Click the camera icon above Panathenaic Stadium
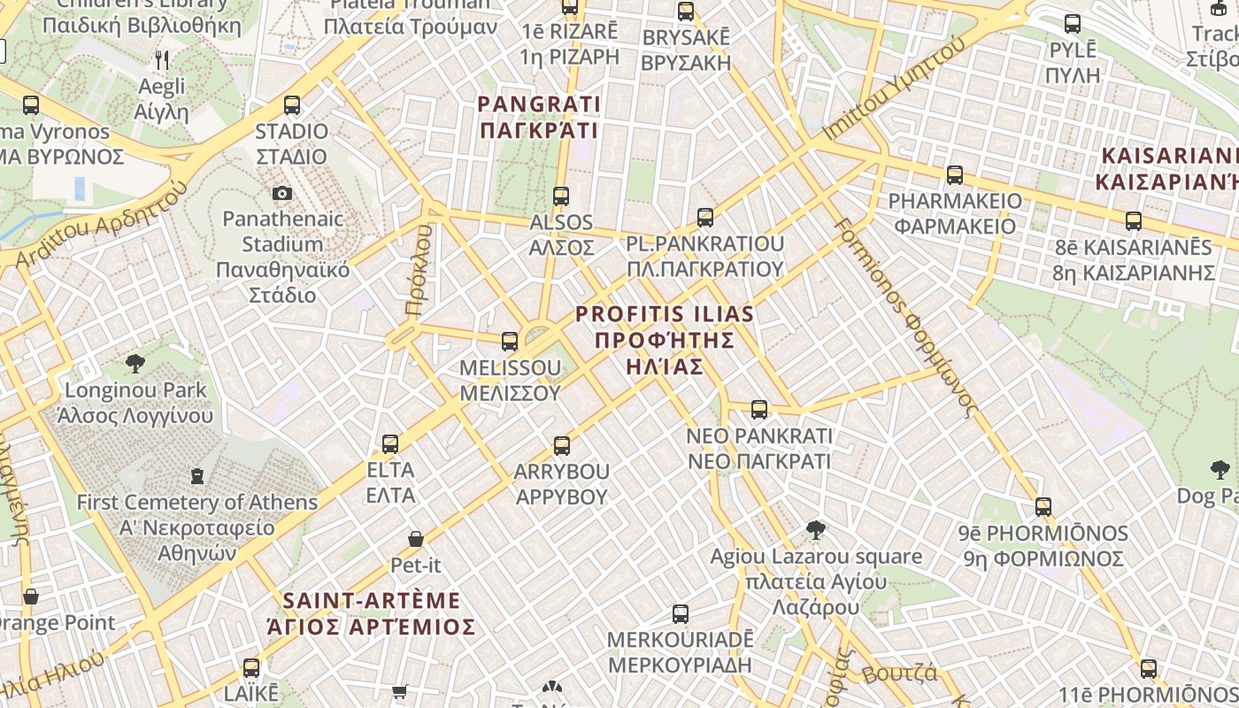pos(282,193)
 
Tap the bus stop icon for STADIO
pos(292,105)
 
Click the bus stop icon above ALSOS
pos(561,196)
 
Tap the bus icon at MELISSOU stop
pos(510,342)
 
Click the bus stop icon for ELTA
pos(390,444)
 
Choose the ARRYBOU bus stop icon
pos(562,446)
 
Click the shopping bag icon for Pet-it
pos(416,538)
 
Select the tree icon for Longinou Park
pos(135,363)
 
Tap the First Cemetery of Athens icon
pos(197,476)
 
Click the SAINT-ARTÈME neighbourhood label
pos(372,613)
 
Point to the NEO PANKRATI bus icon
pos(759,410)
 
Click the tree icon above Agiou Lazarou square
pos(816,530)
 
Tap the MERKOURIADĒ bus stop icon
pos(681,613)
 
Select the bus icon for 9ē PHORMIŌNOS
pos(1044,507)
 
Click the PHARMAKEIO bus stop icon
pos(955,175)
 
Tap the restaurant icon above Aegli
pos(162,60)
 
